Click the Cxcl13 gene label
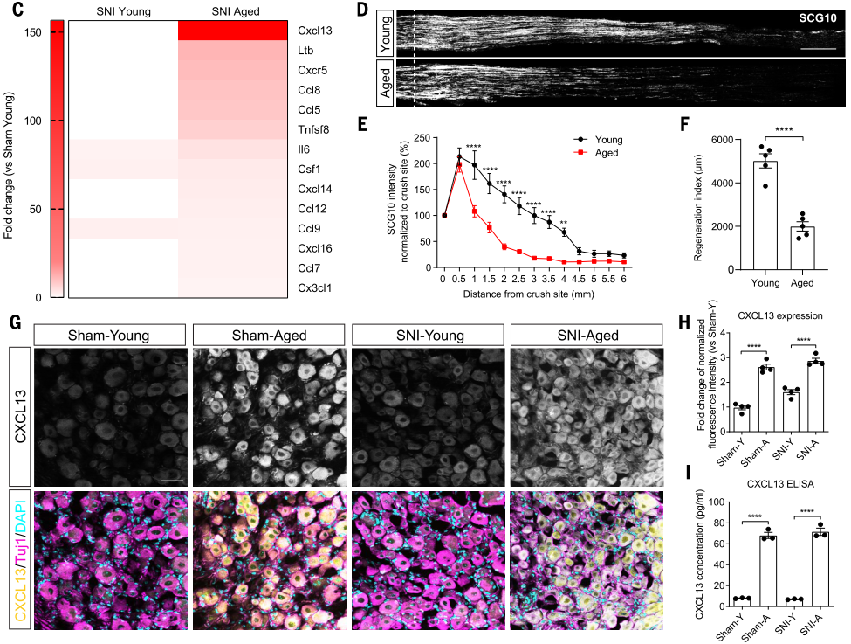point(316,31)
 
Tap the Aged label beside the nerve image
point(381,84)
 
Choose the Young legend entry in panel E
point(607,140)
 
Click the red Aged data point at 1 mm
point(474,211)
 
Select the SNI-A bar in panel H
point(816,399)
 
